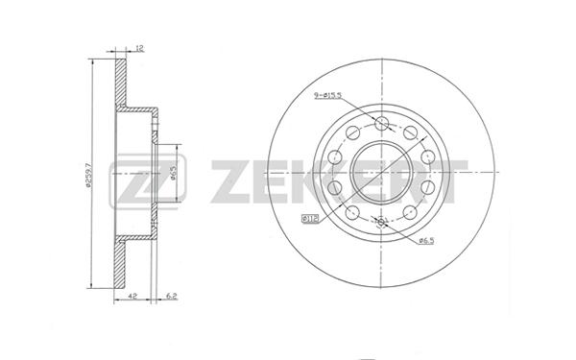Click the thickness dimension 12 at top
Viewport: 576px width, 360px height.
coord(140,48)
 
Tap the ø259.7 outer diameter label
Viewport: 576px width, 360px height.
coord(87,176)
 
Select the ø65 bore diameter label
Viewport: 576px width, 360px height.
coord(174,173)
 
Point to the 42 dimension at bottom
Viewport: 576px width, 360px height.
coord(133,296)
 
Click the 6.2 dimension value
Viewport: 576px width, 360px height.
coord(172,296)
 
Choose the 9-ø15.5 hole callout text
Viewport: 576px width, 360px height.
coord(327,95)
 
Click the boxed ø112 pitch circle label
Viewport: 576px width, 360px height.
coord(310,219)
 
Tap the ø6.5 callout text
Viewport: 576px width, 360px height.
coord(426,241)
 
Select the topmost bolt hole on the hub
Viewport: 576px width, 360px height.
coord(382,123)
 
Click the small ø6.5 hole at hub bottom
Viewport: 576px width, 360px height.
coord(381,222)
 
